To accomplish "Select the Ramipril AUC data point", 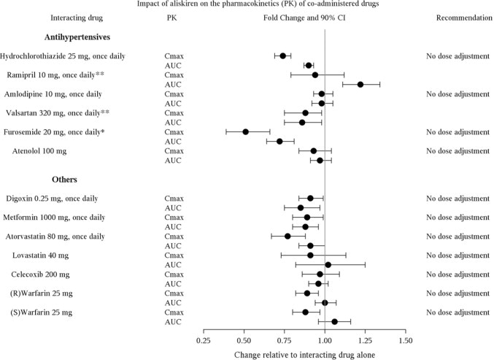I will point(360,84).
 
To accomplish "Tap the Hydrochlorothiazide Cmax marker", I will point(283,55).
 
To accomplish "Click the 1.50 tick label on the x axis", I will point(406,340).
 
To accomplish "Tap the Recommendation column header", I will point(458,17).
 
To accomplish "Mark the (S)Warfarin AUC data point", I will point(334,321).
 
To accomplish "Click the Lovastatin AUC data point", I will point(328,264).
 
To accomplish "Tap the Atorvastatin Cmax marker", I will point(287,236).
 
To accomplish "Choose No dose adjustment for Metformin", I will point(458,217).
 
